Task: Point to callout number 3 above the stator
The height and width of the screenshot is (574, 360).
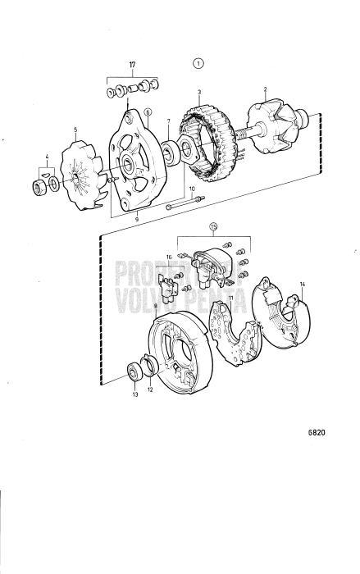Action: pos(199,93)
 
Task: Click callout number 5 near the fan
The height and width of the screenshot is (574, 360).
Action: pos(75,130)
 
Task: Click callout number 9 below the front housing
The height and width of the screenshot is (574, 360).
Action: pos(136,220)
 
